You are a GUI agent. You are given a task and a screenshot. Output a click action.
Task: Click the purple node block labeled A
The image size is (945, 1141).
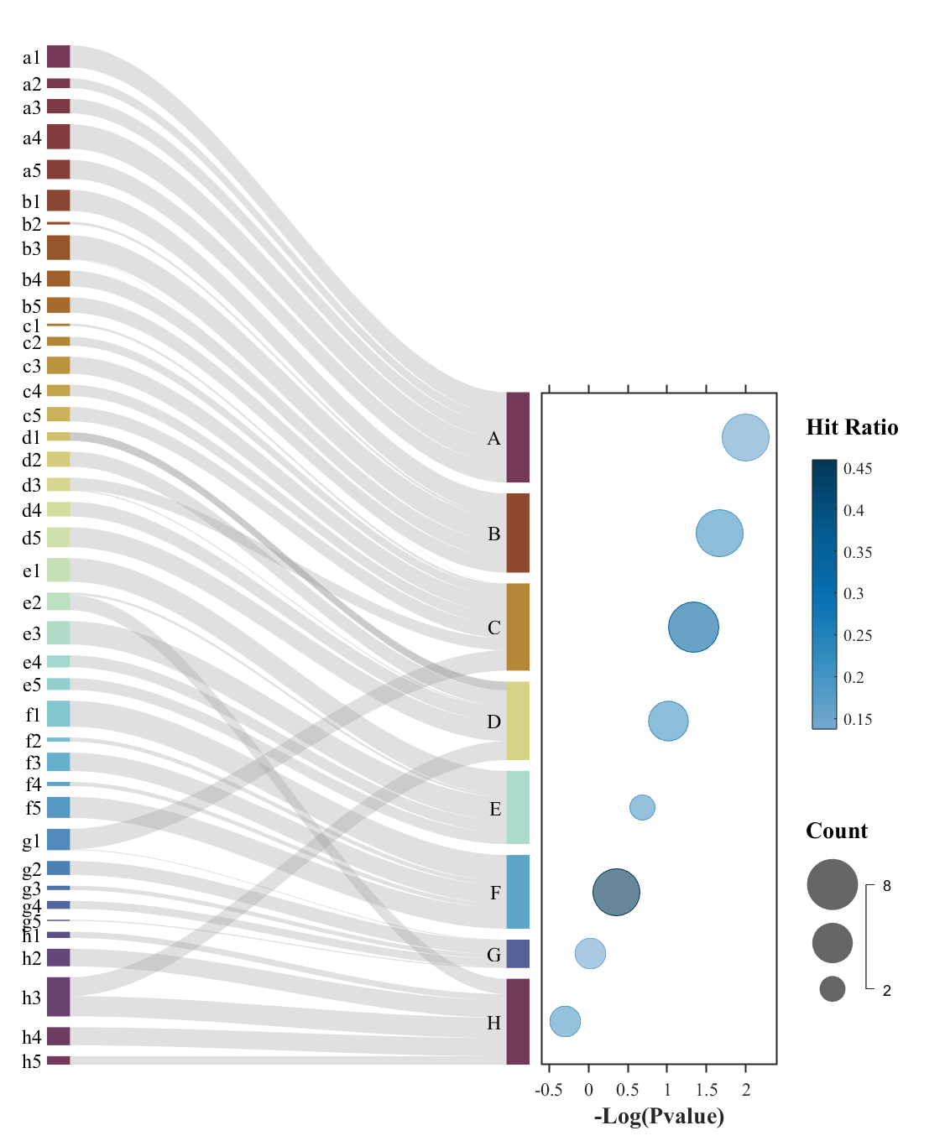518,437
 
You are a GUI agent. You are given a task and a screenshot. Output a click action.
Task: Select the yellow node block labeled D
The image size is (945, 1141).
518,721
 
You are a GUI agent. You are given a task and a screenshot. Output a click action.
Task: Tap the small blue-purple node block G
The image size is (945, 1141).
518,954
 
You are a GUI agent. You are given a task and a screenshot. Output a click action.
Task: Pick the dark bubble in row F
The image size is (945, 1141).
616,892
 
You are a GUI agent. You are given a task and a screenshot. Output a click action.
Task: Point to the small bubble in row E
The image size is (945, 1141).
642,807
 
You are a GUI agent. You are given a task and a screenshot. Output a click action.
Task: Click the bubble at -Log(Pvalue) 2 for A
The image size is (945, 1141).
745,437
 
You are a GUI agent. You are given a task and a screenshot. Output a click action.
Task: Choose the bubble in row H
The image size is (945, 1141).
565,1021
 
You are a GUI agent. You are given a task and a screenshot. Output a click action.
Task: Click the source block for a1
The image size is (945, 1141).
58,56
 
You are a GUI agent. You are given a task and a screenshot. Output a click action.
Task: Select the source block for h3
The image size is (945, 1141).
58,997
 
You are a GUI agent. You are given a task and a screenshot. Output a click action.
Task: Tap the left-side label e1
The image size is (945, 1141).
32,571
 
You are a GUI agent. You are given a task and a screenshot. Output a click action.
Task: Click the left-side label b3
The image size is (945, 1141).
32,248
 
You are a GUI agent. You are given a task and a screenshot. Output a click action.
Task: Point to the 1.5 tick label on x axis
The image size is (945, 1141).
707,1090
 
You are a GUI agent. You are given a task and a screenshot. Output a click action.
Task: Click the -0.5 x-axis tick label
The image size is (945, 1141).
549,1090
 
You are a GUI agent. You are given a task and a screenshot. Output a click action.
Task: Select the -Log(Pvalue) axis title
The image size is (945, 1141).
659,1116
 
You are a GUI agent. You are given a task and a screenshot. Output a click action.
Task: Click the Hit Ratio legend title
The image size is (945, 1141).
852,427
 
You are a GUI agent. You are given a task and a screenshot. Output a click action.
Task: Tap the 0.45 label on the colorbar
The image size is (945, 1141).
858,469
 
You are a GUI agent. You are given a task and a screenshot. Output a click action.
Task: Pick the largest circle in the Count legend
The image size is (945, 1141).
832,884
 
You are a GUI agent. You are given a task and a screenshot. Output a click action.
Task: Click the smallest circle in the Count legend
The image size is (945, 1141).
832,988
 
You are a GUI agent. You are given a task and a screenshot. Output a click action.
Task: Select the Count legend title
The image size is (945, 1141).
836,831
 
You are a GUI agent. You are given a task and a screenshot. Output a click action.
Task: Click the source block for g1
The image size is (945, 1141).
58,839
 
